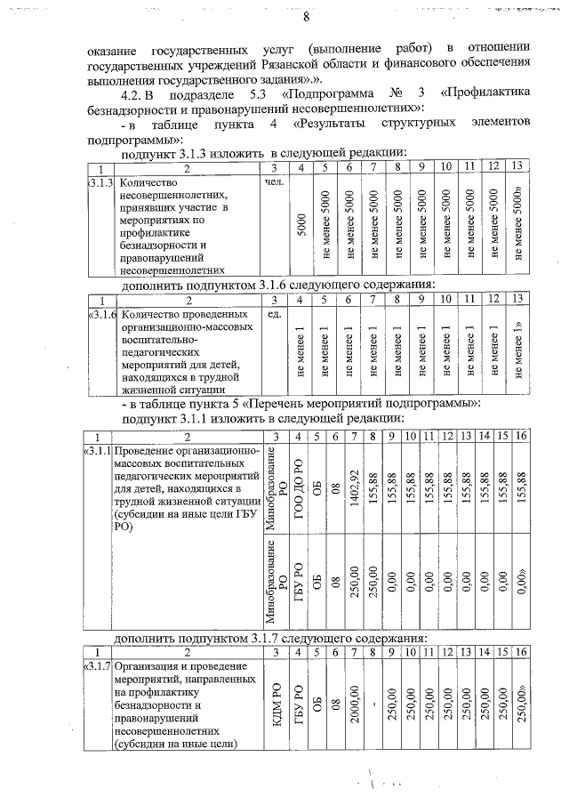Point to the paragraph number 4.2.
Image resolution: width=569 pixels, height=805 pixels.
pos(127,95)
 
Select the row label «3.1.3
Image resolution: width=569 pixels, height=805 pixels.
pos(102,181)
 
